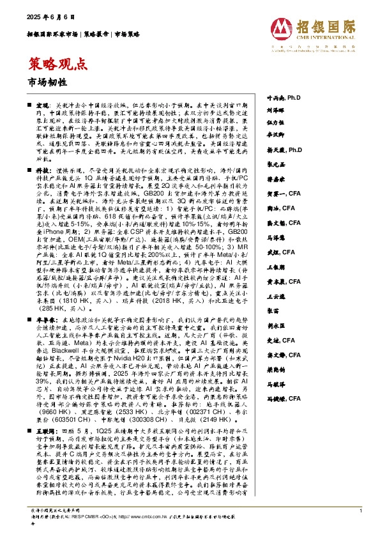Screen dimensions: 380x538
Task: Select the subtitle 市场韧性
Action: pyautogui.click(x=43, y=81)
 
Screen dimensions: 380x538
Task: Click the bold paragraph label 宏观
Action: pyautogui.click(x=42, y=104)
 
